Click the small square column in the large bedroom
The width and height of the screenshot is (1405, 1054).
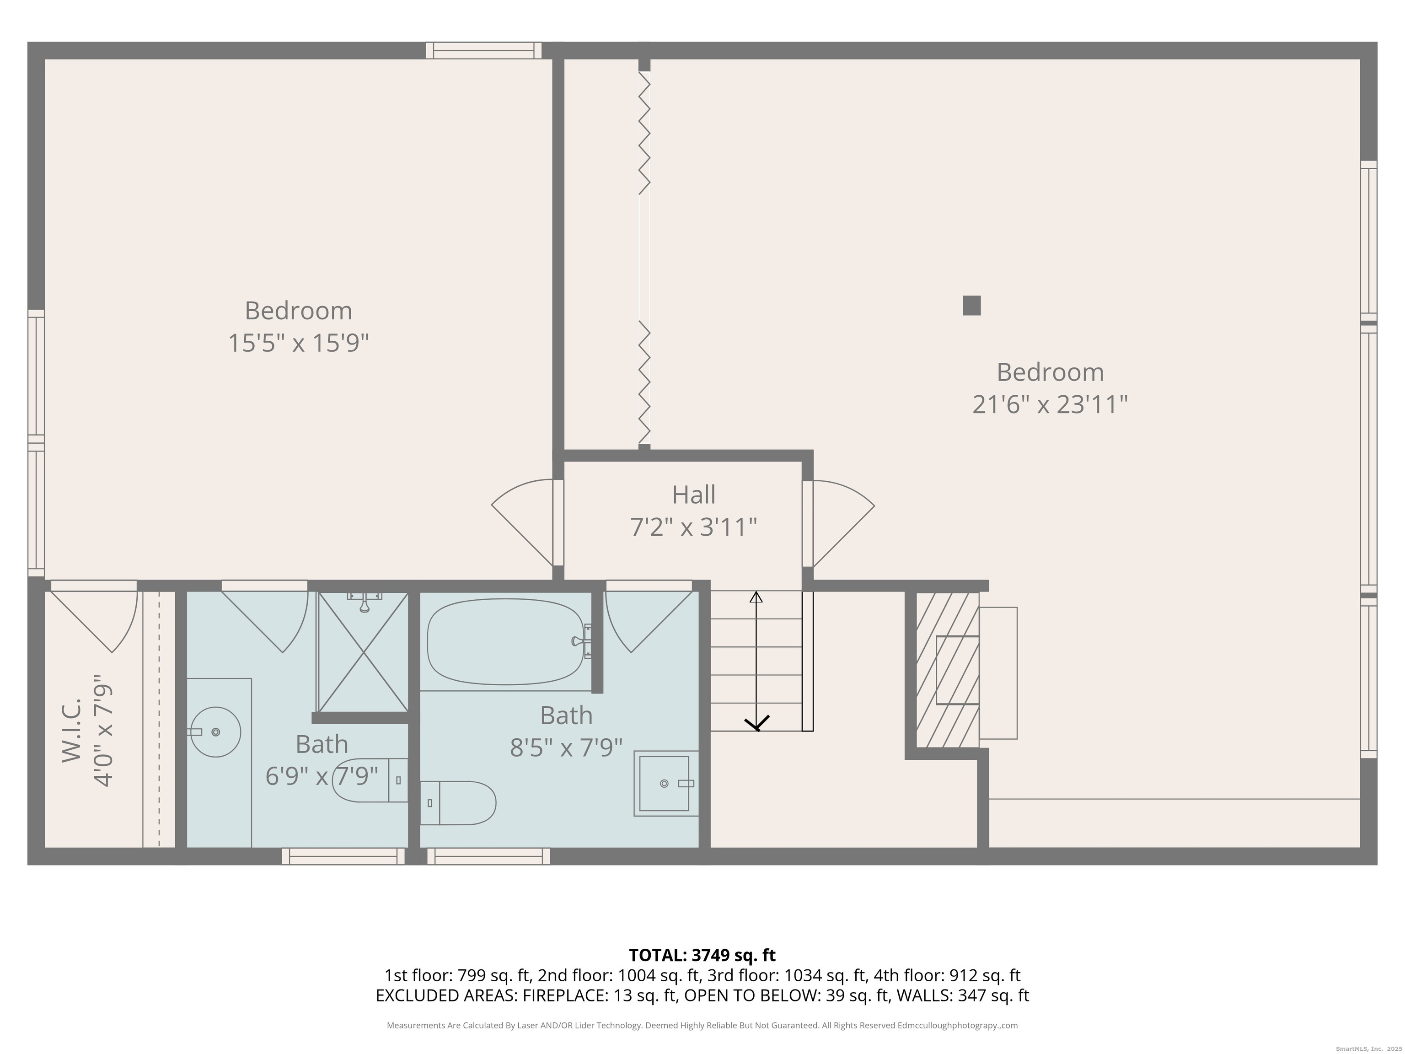[x=971, y=306]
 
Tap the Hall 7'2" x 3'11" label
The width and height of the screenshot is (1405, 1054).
[x=694, y=511]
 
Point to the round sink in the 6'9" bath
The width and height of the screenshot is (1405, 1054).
[x=215, y=732]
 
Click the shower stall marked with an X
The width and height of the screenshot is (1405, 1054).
[x=363, y=652]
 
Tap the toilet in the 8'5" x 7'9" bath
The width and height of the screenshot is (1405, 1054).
[x=459, y=803]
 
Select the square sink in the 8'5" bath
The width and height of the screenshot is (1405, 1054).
[x=665, y=783]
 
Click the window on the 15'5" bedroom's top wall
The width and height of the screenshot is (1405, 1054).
[x=483, y=50]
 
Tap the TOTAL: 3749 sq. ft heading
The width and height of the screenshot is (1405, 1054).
[x=702, y=955]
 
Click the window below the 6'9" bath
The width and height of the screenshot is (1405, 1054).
[x=343, y=856]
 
